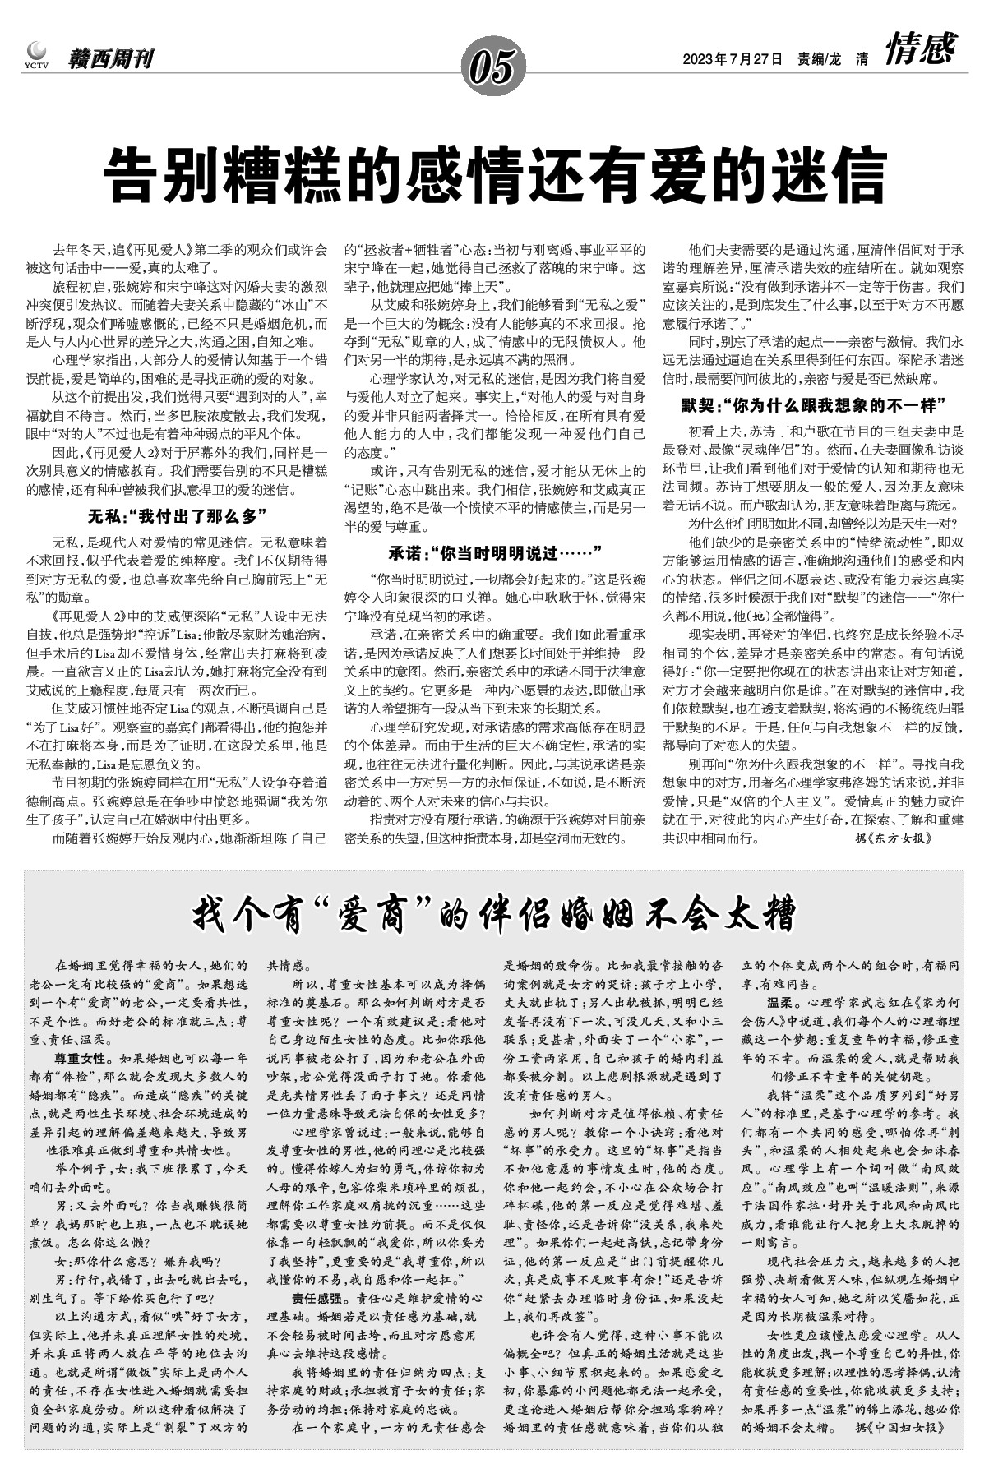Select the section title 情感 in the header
920,50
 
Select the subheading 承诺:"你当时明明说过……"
495,550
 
